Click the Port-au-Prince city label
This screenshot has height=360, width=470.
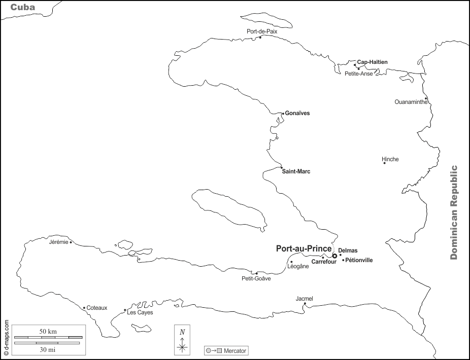[x=304, y=249]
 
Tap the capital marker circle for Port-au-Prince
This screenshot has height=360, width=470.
[x=334, y=256]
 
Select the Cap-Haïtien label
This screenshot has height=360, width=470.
[x=372, y=62]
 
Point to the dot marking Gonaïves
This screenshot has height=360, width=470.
[x=283, y=113]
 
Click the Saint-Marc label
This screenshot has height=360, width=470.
[x=296, y=171]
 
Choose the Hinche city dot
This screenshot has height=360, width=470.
[x=384, y=163]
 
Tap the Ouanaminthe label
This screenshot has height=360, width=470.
[x=411, y=102]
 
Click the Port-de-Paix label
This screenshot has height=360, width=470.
[x=262, y=31]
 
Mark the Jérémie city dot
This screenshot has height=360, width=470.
[x=71, y=242]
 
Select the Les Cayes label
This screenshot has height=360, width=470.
[x=140, y=312]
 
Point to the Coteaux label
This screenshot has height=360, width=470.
[x=97, y=308]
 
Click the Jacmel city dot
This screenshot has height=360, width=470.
[x=305, y=304]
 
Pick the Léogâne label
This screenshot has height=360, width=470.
[x=298, y=266]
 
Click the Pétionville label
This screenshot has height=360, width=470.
[x=359, y=260]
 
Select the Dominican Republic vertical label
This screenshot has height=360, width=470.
[x=454, y=212]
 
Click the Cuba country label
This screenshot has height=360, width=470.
[x=22, y=7]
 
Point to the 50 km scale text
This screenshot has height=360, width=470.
[x=48, y=331]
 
